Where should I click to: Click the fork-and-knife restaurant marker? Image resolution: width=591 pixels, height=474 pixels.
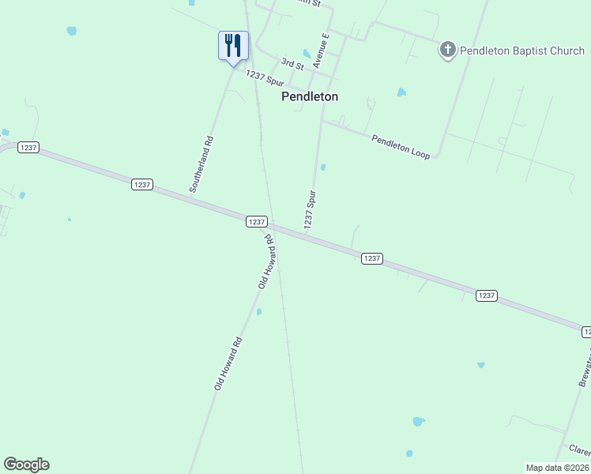[x=233, y=45]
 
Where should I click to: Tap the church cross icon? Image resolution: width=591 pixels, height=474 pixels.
[x=447, y=51]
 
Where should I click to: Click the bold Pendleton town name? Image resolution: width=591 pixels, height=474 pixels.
[x=310, y=96]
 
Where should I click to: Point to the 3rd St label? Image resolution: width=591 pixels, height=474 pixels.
[x=293, y=63]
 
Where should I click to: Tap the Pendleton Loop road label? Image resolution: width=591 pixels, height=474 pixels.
[x=401, y=147]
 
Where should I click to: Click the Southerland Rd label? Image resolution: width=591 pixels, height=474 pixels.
[x=201, y=164]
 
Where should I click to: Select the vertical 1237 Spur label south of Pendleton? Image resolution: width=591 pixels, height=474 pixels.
[x=311, y=210]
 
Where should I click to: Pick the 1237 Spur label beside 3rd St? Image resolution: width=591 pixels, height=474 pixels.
[x=264, y=79]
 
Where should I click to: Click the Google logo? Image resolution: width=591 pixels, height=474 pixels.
[x=26, y=465]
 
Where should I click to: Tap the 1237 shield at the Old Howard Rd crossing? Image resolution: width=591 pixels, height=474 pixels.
[x=256, y=222]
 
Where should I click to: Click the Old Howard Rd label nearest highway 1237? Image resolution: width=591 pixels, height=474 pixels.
[x=269, y=261]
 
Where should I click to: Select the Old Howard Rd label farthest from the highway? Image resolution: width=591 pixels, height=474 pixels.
[x=228, y=363]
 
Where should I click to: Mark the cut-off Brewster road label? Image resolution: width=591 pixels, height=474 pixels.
[x=583, y=363]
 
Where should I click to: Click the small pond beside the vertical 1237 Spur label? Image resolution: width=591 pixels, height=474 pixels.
[x=323, y=167]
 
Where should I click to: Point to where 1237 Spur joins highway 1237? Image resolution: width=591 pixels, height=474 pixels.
[x=305, y=235]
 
